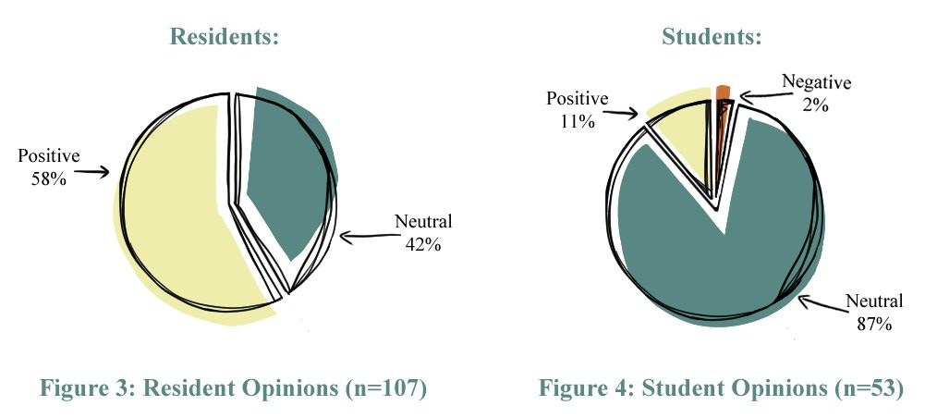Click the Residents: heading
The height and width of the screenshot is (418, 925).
point(225,38)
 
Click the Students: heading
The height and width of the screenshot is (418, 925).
point(712,38)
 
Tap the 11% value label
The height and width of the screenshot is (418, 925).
point(578,121)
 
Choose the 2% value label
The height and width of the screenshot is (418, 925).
point(816,104)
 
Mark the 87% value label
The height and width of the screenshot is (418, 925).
point(872,324)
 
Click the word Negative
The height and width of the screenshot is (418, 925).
point(817,81)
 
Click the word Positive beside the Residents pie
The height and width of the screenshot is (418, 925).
point(48,155)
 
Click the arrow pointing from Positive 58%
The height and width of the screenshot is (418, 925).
point(92,171)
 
